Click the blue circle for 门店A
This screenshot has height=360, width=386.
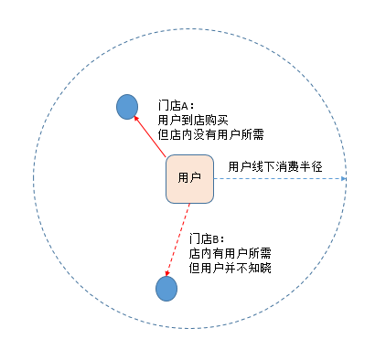point(127,107)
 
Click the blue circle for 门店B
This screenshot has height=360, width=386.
point(166,289)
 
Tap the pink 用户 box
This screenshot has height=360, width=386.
point(189,179)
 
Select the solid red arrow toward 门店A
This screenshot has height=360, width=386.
point(150,136)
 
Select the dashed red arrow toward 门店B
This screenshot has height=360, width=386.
point(177,239)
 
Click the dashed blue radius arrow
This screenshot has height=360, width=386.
point(280,178)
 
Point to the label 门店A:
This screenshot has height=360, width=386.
point(176,106)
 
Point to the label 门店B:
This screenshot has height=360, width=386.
point(207,238)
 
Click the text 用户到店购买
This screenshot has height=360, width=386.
point(193,120)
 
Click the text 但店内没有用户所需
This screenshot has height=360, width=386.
point(210,134)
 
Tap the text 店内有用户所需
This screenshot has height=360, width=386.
point(230,253)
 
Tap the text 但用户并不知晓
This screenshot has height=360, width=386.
point(230,268)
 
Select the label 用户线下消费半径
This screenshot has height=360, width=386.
point(275,166)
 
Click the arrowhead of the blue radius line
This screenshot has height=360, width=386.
point(344,178)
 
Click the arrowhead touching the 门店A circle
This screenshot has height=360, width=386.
point(136,119)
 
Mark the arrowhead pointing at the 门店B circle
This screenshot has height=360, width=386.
point(167,273)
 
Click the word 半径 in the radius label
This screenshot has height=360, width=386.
point(311,166)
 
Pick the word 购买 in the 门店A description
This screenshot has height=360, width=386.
point(217,120)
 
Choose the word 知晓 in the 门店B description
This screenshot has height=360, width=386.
point(260,268)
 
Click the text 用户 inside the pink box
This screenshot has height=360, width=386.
point(189,177)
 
